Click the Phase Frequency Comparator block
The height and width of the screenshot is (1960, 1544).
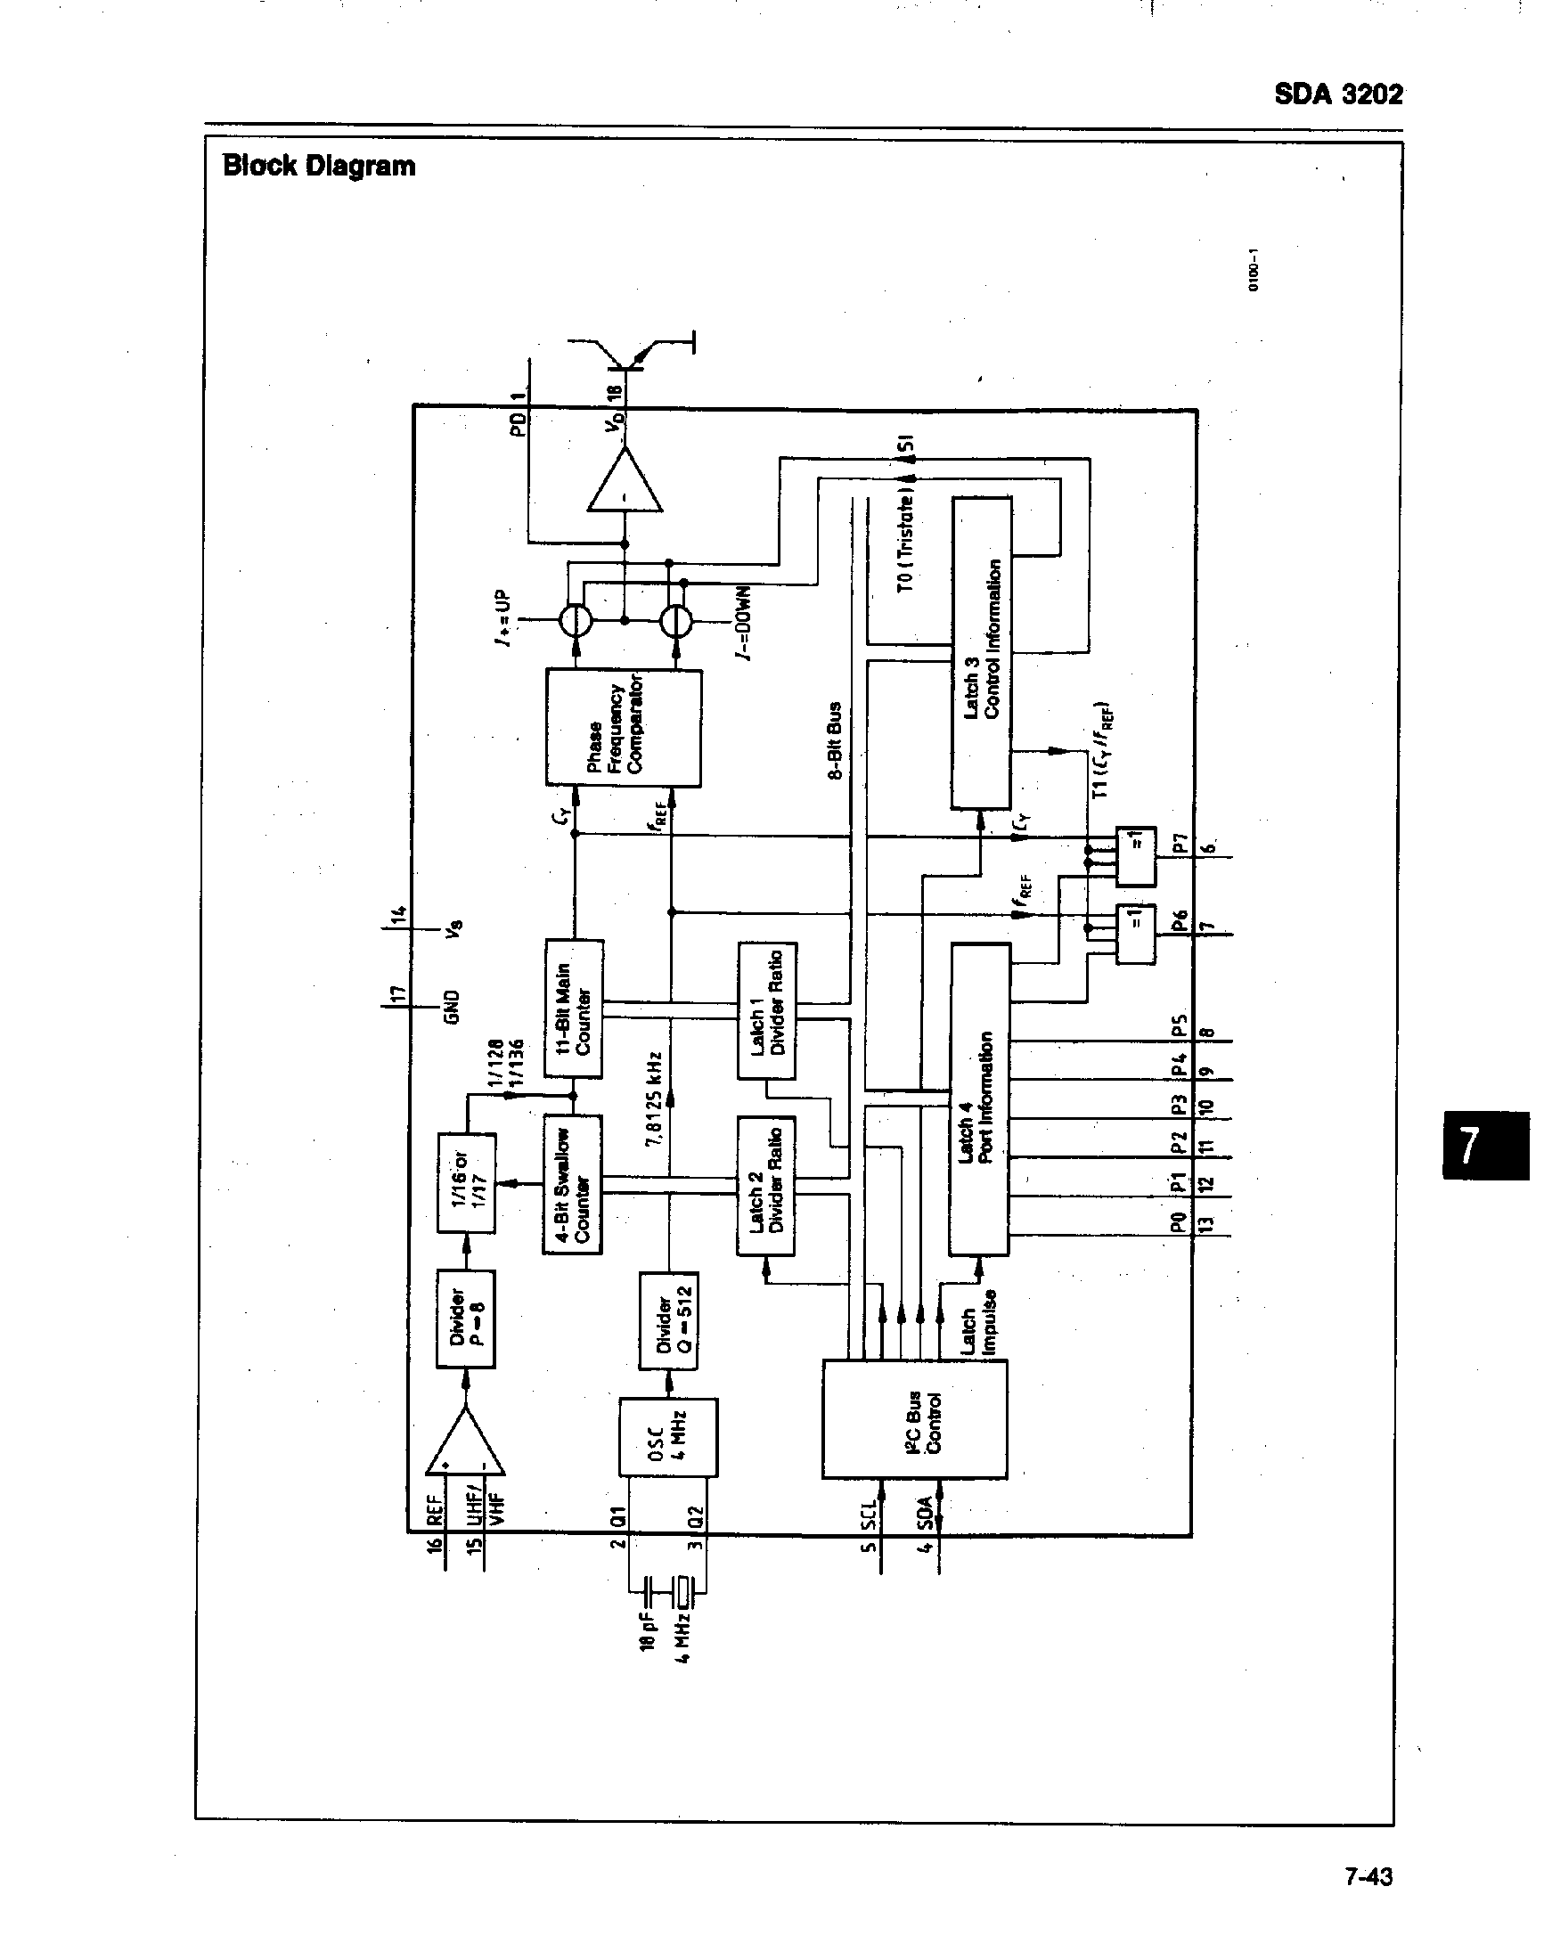624,728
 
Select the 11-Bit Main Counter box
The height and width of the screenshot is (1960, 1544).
573,1008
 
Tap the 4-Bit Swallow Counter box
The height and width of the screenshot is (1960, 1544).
572,1184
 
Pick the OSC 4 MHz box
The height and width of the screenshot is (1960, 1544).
668,1436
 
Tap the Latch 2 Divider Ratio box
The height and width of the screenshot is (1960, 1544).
765,1185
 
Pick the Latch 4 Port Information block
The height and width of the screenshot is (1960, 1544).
980,1098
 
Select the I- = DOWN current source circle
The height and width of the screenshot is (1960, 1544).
674,621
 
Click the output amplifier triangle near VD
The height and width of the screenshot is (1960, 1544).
625,484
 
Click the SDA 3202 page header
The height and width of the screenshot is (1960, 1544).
1338,94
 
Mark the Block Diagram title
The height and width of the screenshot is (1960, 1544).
319,166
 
